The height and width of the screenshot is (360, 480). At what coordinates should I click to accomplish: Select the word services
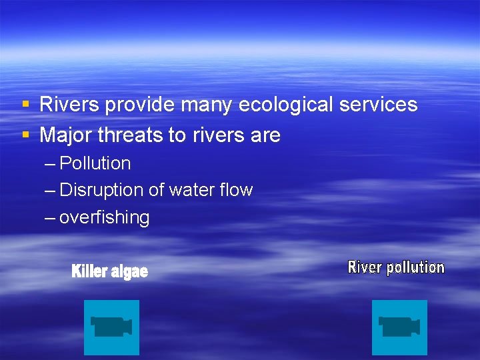(x=379, y=105)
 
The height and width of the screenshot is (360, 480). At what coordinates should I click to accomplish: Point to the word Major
(x=66, y=135)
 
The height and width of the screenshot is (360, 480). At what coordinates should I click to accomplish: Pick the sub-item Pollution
(x=95, y=163)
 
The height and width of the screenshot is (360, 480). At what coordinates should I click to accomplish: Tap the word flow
(x=236, y=190)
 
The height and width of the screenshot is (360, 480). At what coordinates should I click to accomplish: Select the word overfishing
(x=105, y=217)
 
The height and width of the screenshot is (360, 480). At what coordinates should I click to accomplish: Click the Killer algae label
(x=109, y=271)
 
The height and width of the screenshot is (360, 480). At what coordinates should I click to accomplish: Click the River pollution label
(x=396, y=267)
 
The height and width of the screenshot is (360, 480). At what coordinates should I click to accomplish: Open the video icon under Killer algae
(x=111, y=327)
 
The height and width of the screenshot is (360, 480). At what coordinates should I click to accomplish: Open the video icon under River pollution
(x=399, y=327)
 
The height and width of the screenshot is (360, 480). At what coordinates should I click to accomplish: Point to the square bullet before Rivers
(x=25, y=105)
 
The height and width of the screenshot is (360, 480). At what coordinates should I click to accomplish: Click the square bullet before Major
(x=25, y=135)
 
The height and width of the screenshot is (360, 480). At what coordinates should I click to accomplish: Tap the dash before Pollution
(x=51, y=164)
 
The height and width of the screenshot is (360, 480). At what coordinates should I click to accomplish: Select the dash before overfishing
(x=51, y=218)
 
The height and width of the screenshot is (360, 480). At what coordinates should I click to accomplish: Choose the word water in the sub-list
(x=190, y=190)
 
